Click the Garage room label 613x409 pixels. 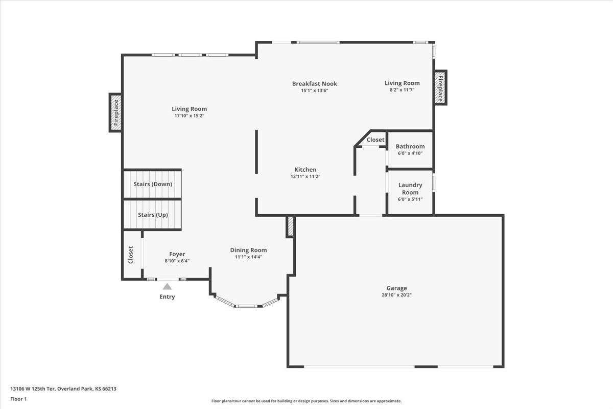pyautogui.click(x=396, y=288)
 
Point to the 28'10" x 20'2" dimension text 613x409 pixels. pyautogui.click(x=396, y=295)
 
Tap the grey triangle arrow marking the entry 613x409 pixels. pyautogui.click(x=167, y=287)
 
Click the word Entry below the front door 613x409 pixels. pyautogui.click(x=167, y=297)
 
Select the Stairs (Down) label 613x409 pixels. pyautogui.click(x=153, y=184)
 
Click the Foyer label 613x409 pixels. pyautogui.click(x=177, y=254)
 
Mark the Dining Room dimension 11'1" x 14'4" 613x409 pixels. pyautogui.click(x=248, y=257)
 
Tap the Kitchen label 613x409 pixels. pyautogui.click(x=305, y=170)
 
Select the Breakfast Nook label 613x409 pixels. pyautogui.click(x=314, y=84)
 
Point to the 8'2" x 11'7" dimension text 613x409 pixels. pyautogui.click(x=402, y=90)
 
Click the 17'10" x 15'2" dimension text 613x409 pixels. pyautogui.click(x=189, y=116)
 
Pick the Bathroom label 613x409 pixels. pyautogui.click(x=410, y=146)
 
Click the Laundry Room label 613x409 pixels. pyautogui.click(x=410, y=189)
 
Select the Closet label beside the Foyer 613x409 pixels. pyautogui.click(x=131, y=255)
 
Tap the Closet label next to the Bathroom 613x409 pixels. pyautogui.click(x=375, y=140)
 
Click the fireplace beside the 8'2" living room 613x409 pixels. pyautogui.click(x=440, y=87)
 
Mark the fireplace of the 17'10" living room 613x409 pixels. pyautogui.click(x=116, y=112)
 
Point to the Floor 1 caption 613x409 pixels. pyautogui.click(x=18, y=399)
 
